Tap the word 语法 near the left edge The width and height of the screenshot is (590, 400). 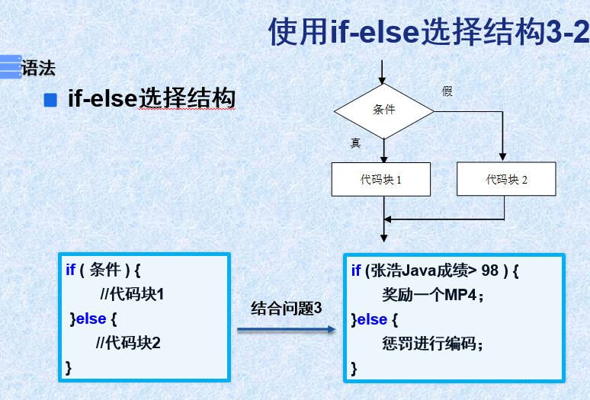click(39, 68)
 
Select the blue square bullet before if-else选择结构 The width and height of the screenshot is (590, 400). click(51, 100)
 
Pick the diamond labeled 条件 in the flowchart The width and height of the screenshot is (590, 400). click(384, 110)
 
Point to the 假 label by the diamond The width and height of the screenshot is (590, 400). click(447, 91)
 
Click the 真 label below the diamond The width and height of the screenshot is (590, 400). click(355, 142)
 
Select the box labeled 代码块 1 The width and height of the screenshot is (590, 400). click(379, 180)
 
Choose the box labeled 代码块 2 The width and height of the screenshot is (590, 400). click(506, 180)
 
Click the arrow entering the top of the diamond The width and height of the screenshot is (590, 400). click(383, 72)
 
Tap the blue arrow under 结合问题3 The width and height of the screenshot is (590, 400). click(287, 329)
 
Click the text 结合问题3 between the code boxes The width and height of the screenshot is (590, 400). click(287, 309)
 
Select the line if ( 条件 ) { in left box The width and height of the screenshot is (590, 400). click(104, 269)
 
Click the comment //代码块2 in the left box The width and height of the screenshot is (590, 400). click(128, 342)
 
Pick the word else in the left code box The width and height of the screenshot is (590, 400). click(91, 318)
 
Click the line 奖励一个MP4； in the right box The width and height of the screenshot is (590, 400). click(433, 295)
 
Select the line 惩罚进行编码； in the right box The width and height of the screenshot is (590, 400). click(432, 344)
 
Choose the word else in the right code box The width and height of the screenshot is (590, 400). click(373, 319)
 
